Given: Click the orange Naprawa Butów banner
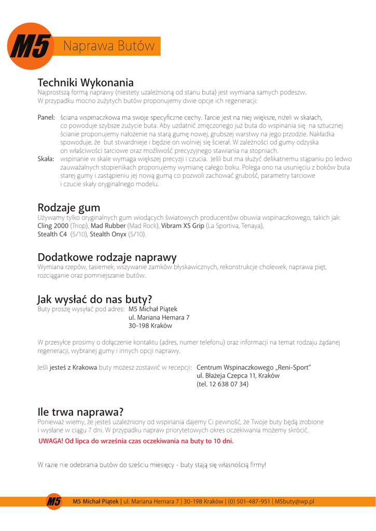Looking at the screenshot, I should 109,46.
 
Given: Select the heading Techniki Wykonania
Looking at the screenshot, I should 86,82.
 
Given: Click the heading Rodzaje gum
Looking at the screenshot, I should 69,206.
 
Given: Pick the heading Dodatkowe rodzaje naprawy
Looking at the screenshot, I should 107,257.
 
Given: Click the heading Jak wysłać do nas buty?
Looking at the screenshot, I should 94,299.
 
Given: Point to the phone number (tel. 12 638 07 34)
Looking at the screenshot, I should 223,384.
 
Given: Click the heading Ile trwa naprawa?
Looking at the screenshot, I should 80,412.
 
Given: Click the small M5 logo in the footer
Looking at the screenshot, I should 54,501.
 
